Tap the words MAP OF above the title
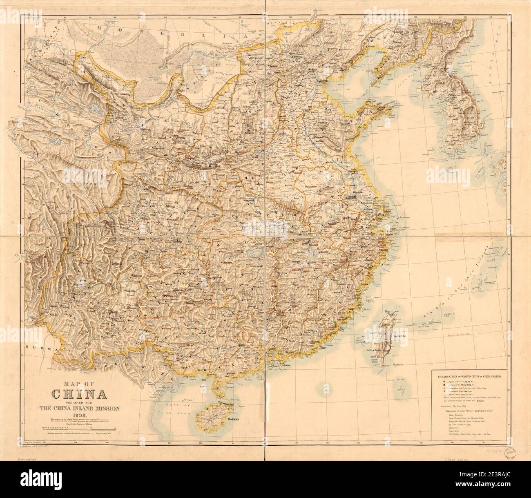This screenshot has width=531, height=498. (80, 384)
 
